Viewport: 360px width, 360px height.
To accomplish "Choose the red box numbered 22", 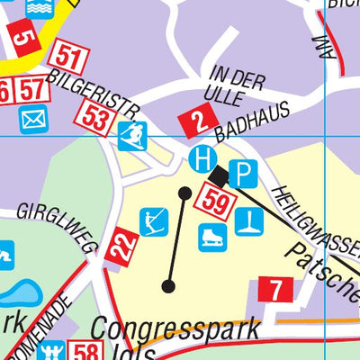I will coord(121,246).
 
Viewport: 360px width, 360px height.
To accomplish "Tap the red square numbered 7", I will coord(275,290).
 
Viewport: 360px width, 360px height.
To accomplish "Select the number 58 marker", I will coord(85,352).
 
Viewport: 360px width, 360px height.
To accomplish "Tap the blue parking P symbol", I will coord(242,173).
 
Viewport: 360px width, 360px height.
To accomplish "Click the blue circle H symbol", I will coord(203,159).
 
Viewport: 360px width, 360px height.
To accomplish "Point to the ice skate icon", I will coord(211,237).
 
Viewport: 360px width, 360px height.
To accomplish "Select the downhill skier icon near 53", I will coord(132,137).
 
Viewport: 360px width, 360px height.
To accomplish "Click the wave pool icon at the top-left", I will coord(39,7).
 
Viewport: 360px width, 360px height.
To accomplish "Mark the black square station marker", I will coord(220,173).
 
